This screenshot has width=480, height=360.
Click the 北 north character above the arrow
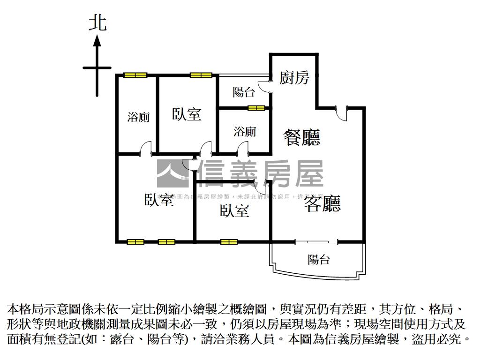(97, 22)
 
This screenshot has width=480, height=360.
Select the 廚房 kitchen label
(294, 77)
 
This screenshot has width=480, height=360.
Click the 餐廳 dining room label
(301, 137)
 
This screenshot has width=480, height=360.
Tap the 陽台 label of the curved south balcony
(319, 259)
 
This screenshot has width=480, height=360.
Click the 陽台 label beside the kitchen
(244, 92)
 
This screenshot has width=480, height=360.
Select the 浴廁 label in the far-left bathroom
(138, 117)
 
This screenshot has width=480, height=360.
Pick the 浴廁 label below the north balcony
(245, 132)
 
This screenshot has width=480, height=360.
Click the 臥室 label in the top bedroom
(187, 114)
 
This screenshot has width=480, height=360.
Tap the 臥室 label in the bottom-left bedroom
(158, 200)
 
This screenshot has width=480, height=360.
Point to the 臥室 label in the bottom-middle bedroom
(234, 211)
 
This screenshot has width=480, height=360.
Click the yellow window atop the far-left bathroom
(135, 75)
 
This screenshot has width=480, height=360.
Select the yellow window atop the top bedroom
(201, 75)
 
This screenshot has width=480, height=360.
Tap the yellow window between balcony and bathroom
(256, 108)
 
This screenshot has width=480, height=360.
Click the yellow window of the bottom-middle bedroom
(229, 242)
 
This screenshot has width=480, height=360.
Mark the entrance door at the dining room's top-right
(341, 109)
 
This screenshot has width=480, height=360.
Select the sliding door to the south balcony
(316, 242)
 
